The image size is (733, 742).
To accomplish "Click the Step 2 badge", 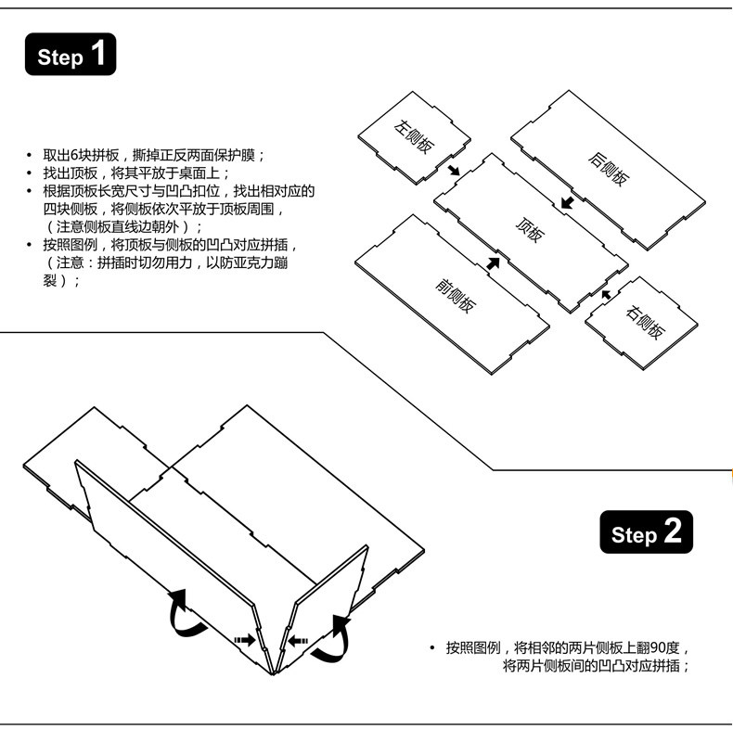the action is pyautogui.click(x=647, y=533).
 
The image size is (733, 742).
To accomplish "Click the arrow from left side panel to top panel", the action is pyautogui.click(x=452, y=170).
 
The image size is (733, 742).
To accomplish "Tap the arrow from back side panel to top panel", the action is pyautogui.click(x=567, y=201).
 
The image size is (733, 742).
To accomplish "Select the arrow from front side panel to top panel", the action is pyautogui.click(x=493, y=262).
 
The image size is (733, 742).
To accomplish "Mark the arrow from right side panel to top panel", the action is pyautogui.click(x=605, y=294).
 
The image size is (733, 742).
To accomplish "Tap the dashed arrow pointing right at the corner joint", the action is pyautogui.click(x=244, y=640).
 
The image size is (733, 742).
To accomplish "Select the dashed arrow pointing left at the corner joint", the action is pyautogui.click(x=299, y=639).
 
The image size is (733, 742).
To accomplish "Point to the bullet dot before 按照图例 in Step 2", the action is pyautogui.click(x=432, y=647).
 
